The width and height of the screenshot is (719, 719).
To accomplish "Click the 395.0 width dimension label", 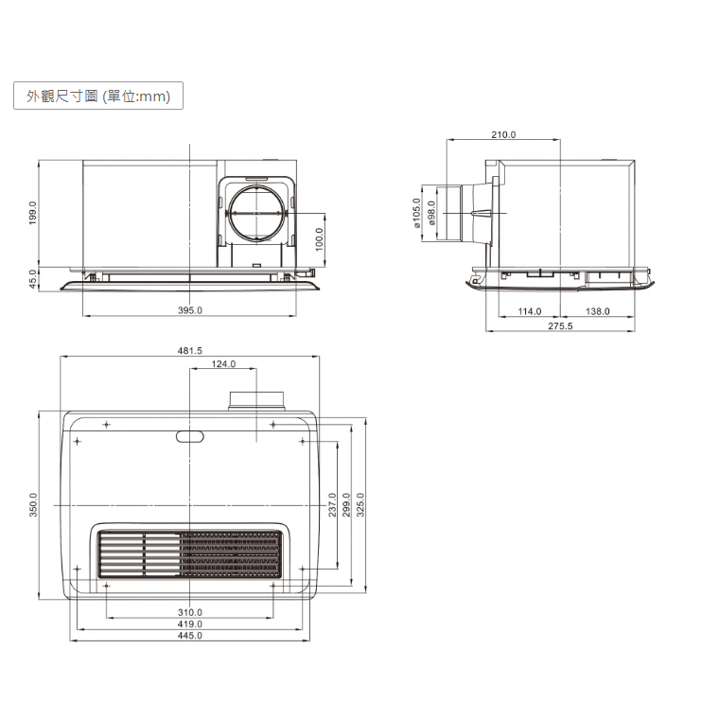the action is click(190, 310).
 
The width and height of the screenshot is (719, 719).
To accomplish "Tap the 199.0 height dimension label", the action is click(32, 213).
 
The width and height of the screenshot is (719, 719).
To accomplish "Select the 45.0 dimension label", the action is click(32, 279).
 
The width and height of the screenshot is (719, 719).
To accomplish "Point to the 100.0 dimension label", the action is click(320, 239).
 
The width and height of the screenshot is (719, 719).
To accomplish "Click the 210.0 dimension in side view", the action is click(503, 134).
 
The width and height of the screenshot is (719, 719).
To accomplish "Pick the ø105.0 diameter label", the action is click(416, 213).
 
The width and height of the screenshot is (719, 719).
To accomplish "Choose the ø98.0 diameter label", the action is click(431, 213).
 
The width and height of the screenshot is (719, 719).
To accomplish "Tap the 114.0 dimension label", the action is click(530, 311).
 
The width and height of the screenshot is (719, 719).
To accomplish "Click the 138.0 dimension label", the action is click(598, 311).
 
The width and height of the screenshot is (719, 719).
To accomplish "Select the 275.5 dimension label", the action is click(560, 326).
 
